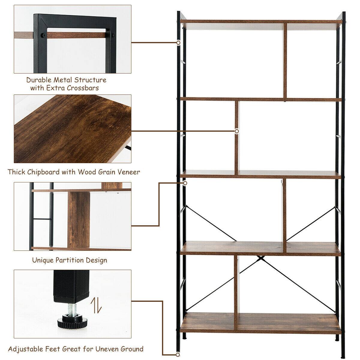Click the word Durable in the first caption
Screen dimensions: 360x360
(x=39, y=80)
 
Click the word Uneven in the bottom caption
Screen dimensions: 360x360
(x=110, y=349)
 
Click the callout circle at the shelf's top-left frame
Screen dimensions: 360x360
(x=178, y=43)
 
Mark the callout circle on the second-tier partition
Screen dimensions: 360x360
(x=237, y=131)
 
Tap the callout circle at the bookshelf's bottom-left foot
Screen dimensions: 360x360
(x=178, y=355)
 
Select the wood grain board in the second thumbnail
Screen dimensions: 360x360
(x=72, y=129)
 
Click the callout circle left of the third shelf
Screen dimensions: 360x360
(x=185, y=183)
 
